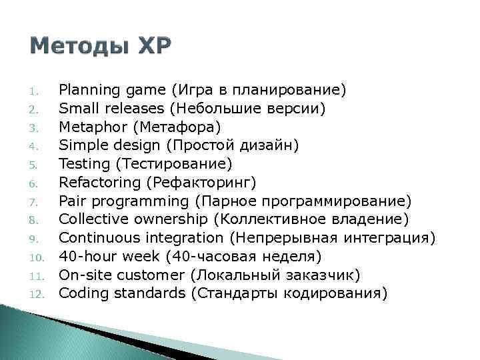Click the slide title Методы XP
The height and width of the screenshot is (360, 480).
(101, 46)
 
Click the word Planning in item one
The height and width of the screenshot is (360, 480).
(83, 89)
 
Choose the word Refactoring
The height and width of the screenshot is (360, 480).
(95, 183)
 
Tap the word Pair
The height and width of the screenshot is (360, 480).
(70, 201)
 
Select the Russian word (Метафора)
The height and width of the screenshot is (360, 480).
(168, 127)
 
